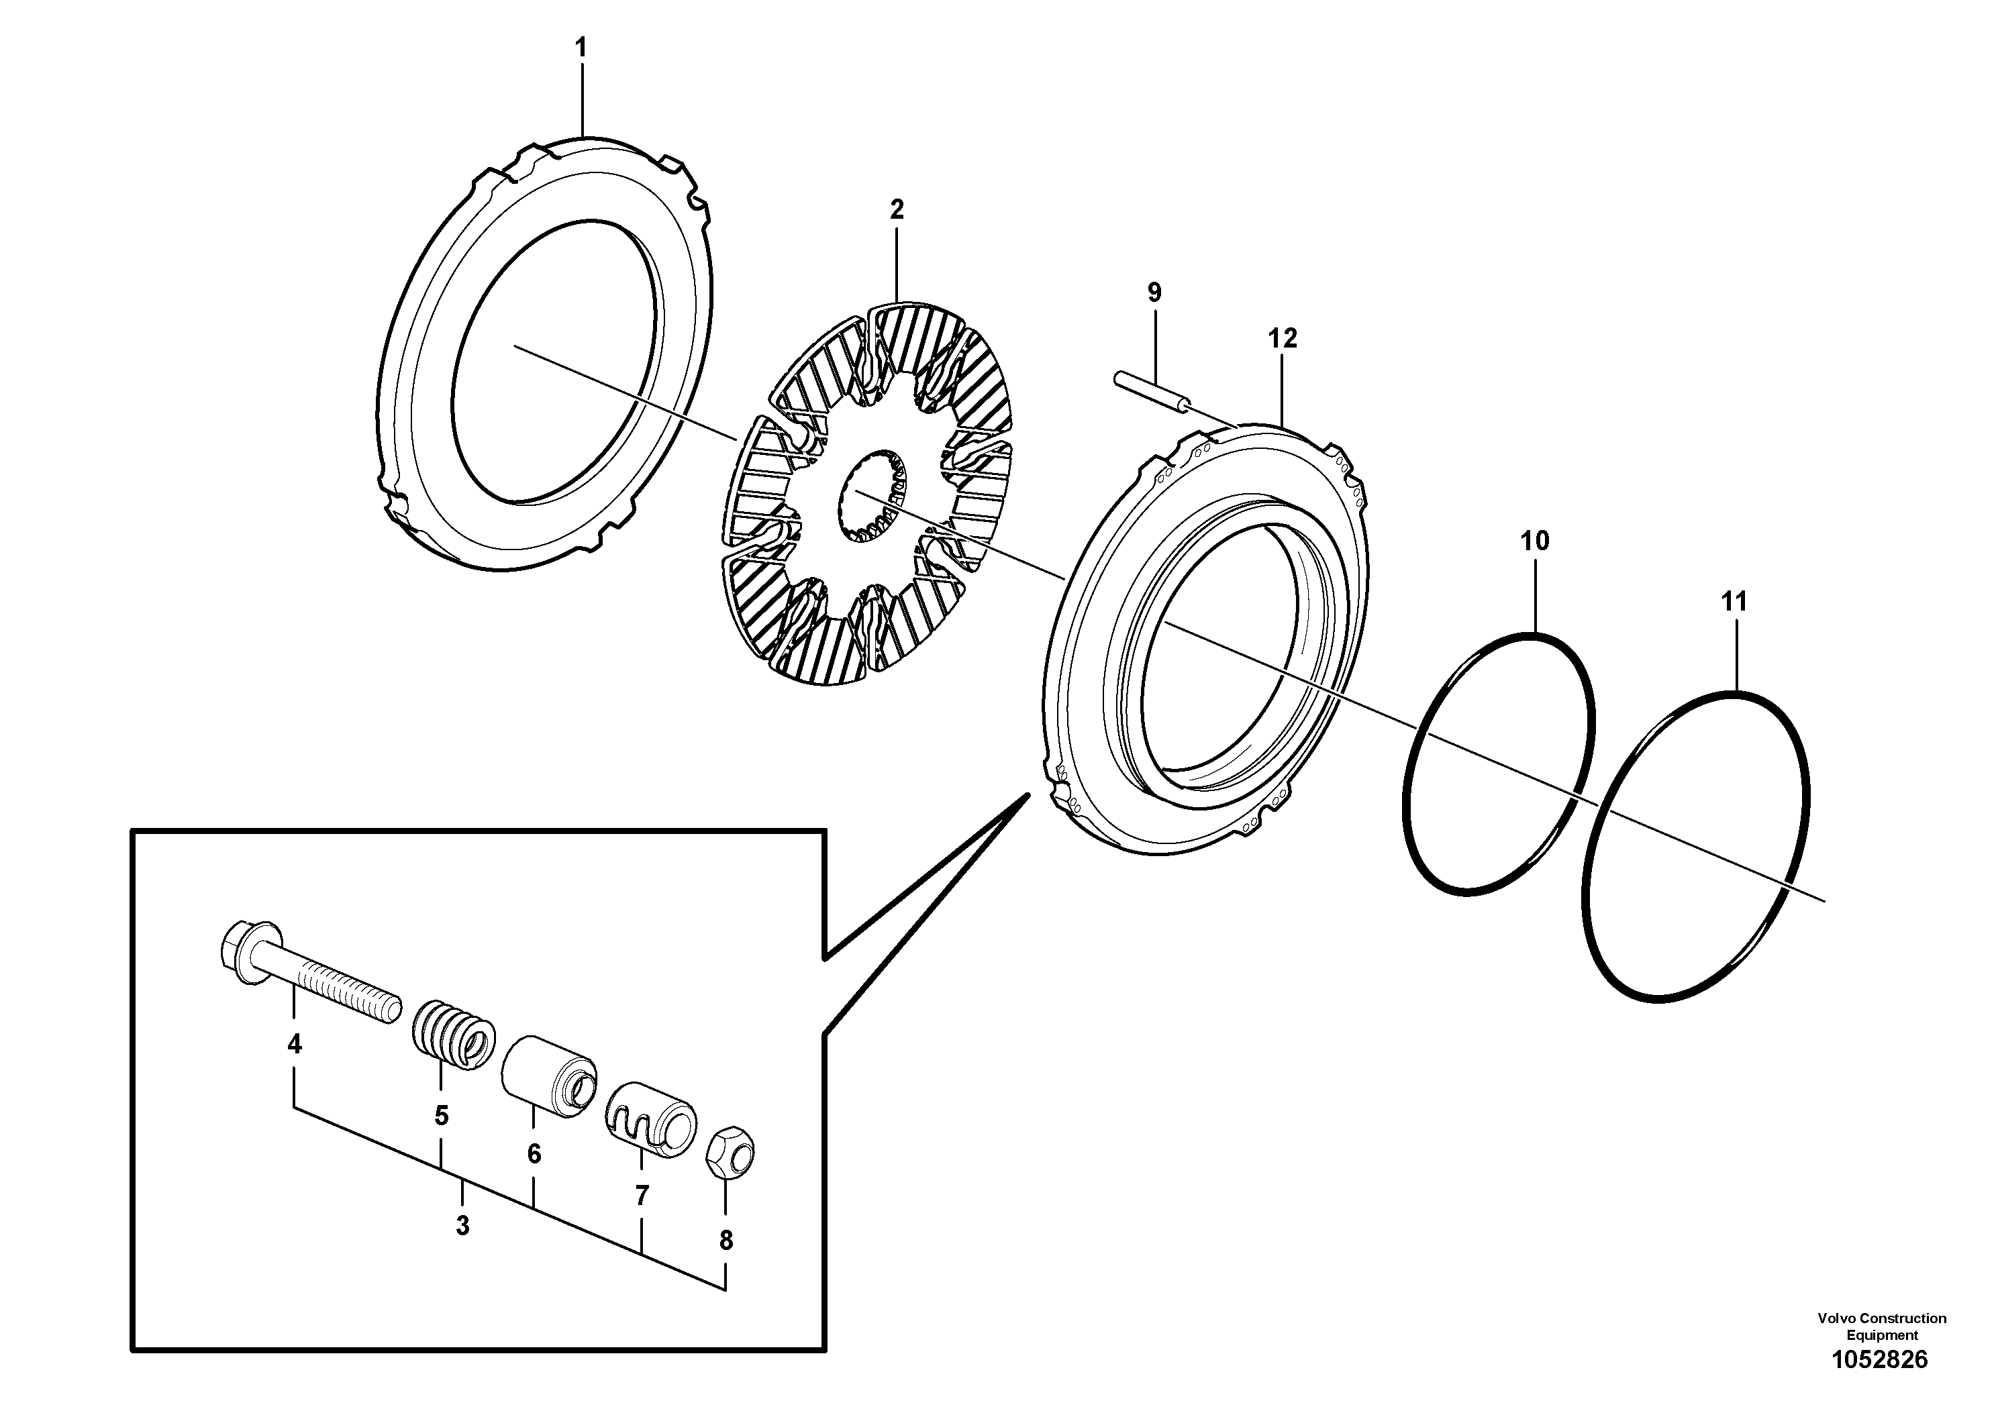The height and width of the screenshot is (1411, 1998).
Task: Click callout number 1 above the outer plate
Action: (x=581, y=48)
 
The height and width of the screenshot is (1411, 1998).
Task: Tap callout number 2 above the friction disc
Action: (x=897, y=209)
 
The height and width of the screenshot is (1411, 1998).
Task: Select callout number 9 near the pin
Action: (x=1154, y=293)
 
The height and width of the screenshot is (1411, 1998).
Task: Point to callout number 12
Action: (x=1283, y=338)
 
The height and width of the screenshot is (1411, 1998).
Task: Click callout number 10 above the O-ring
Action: (x=1534, y=541)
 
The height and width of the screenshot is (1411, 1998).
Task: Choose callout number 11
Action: (x=1734, y=601)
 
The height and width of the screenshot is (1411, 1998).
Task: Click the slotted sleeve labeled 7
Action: (x=652, y=1120)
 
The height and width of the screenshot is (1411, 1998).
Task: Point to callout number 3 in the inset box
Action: (x=462, y=1226)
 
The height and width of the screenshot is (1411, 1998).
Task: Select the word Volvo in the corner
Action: (x=1836, y=1318)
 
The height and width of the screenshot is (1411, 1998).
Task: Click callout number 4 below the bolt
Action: (x=294, y=1044)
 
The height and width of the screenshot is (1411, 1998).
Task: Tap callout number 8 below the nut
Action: (x=726, y=1241)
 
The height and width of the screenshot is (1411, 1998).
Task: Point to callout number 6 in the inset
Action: (x=534, y=1153)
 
